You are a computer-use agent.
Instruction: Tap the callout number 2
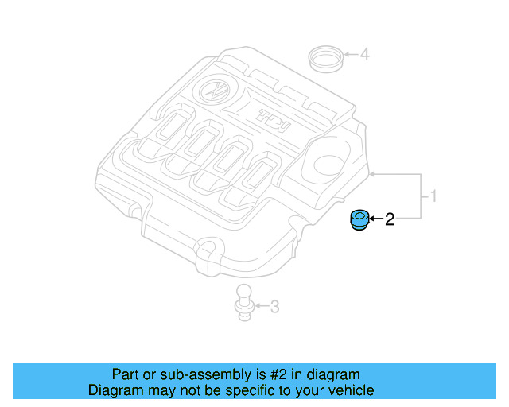(x=390, y=219)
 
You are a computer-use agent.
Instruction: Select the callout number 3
(x=274, y=306)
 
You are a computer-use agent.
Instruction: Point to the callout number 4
(x=364, y=55)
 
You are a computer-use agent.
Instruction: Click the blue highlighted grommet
(x=359, y=219)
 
